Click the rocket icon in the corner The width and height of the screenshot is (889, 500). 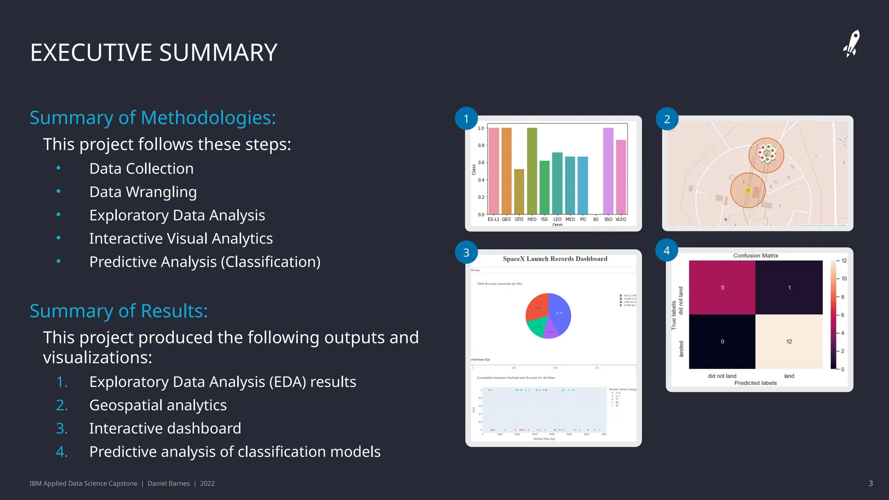(852, 44)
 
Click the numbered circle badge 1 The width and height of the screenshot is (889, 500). (466, 118)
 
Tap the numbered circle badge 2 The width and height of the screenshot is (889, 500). (667, 118)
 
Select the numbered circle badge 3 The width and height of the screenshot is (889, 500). (466, 252)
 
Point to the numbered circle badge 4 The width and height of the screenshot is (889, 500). (667, 250)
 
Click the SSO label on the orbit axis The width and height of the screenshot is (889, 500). (608, 219)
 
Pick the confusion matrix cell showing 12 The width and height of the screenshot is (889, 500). (789, 342)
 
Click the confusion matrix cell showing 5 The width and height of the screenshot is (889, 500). (722, 287)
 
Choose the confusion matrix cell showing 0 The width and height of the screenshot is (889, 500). (722, 342)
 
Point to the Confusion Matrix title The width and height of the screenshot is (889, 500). (756, 256)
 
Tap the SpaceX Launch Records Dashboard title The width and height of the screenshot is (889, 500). (555, 259)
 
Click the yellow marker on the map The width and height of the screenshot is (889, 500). (747, 191)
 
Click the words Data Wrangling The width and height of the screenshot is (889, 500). (143, 192)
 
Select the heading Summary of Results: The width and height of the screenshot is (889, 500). (119, 311)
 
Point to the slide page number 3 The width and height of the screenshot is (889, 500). (870, 483)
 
